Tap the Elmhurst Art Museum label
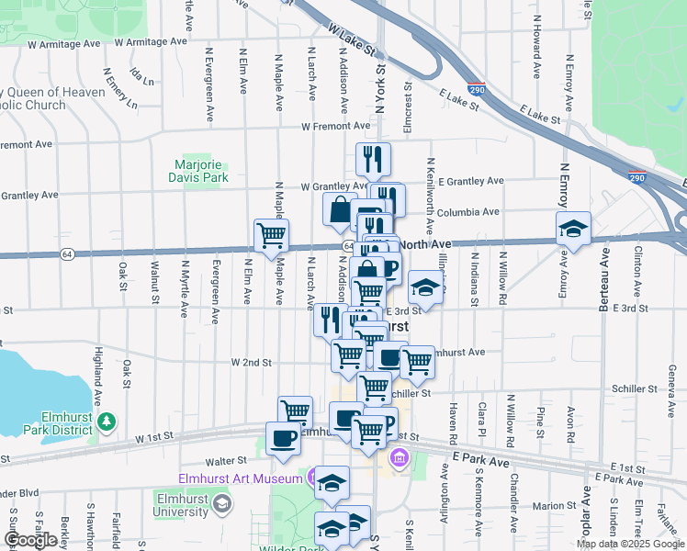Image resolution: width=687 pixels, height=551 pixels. coord(242,478)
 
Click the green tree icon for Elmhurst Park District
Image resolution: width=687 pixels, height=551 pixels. coord(108,422)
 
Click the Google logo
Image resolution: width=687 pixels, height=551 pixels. coord(31,540)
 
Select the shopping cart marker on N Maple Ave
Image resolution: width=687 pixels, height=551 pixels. coord(271,236)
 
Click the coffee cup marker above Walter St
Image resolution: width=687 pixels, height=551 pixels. coord(283,438)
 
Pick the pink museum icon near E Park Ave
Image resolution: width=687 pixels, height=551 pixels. coord(400,456)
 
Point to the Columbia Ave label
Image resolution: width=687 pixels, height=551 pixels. coord(468,212)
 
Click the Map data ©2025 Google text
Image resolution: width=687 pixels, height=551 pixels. coord(629,544)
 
